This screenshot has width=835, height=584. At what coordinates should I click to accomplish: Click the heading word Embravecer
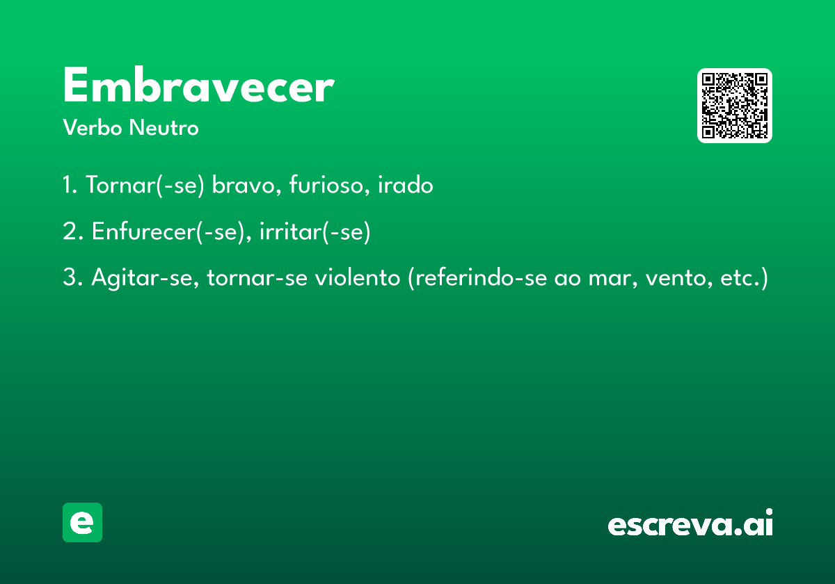[199, 85]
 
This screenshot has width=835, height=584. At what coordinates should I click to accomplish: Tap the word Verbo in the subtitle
[93, 127]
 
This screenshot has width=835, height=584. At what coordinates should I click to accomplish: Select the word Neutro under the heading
[164, 127]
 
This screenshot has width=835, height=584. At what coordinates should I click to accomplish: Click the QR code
[734, 106]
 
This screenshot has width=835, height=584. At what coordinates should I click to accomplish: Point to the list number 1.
[70, 184]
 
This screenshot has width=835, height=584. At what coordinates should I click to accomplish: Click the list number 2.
[72, 231]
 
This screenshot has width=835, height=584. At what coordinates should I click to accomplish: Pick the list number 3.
[72, 277]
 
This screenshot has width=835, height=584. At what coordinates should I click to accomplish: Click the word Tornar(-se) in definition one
[145, 185]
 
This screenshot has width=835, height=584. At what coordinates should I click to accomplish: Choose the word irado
[406, 184]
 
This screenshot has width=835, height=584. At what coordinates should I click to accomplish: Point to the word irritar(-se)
[315, 232]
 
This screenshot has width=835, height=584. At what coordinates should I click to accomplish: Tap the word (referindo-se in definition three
[477, 278]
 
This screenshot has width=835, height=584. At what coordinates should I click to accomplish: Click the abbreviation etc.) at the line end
[744, 278]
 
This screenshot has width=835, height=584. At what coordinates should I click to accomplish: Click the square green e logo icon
[82, 522]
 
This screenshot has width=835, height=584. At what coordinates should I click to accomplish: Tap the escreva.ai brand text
[690, 522]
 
